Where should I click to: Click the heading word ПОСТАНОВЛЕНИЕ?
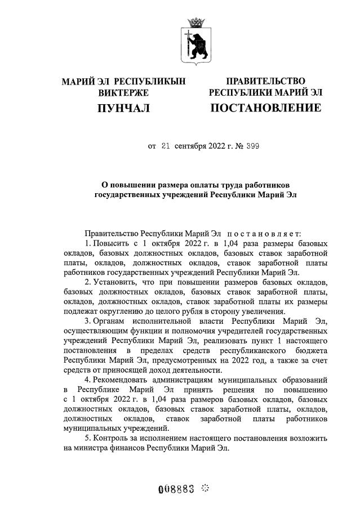click(x=265, y=108)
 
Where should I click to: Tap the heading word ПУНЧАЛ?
click(x=123, y=108)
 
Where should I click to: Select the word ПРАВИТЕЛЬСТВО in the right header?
click(x=265, y=82)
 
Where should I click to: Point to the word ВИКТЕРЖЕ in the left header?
click(x=123, y=92)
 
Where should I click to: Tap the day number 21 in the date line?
click(x=166, y=146)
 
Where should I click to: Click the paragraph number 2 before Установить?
click(x=87, y=281)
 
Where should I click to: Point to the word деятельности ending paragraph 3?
click(x=194, y=369)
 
